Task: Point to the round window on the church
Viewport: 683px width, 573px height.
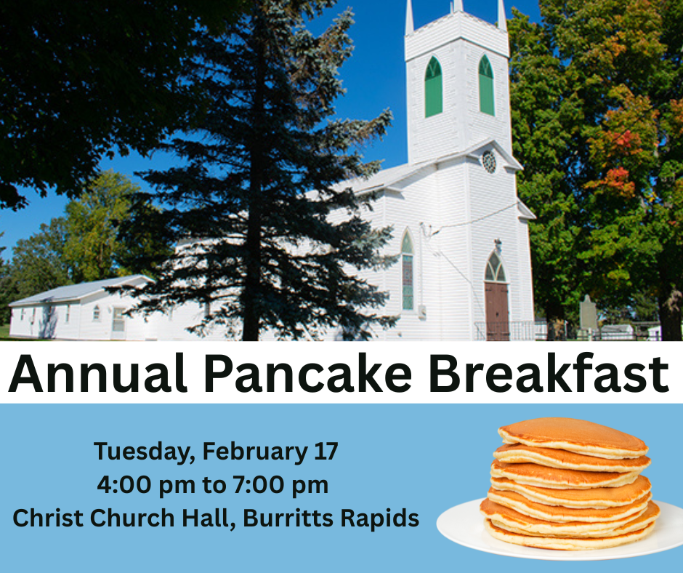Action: (489, 161)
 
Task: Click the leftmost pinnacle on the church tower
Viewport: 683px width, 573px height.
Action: (409, 16)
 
